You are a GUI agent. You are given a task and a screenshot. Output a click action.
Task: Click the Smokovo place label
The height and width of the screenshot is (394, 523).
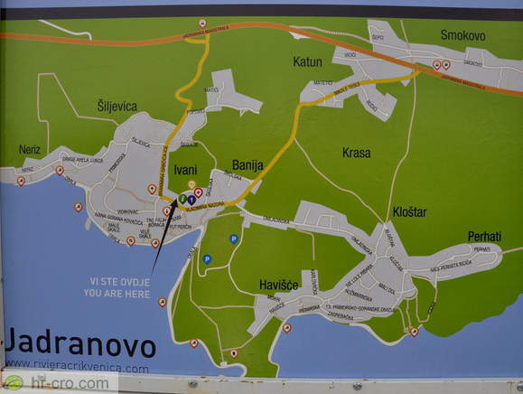462,35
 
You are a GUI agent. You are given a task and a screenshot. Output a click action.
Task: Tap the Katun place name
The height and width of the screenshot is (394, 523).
307,61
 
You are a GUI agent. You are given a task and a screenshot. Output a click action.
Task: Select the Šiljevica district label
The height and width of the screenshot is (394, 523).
117,106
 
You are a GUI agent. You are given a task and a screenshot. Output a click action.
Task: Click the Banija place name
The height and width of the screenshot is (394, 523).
247,165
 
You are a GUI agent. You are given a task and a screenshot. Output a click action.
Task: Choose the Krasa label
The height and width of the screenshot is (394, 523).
356,153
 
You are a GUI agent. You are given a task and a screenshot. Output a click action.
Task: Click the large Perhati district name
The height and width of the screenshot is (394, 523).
484,237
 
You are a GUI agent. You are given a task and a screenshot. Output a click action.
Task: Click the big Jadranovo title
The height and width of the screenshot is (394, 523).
80,345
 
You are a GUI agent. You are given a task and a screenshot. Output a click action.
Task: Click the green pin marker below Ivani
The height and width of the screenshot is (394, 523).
182,198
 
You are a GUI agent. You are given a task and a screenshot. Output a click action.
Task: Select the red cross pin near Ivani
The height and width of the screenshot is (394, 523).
199,192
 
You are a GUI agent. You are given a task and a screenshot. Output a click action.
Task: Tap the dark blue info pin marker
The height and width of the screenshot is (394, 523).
191,200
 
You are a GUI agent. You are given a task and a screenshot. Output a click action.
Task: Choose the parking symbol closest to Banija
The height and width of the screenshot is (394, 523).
234,239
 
